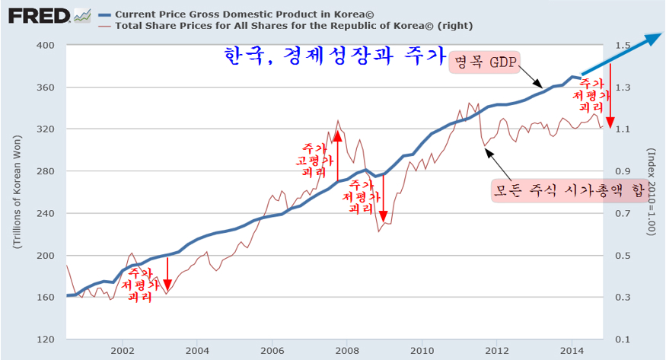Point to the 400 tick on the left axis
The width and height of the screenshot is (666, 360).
click(47, 45)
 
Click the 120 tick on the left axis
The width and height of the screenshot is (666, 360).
click(47, 339)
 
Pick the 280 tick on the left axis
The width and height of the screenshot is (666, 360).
click(47, 171)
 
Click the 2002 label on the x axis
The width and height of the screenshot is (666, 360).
click(123, 351)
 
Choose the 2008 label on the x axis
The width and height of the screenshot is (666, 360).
click(347, 351)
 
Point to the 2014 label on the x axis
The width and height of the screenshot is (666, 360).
click(572, 351)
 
